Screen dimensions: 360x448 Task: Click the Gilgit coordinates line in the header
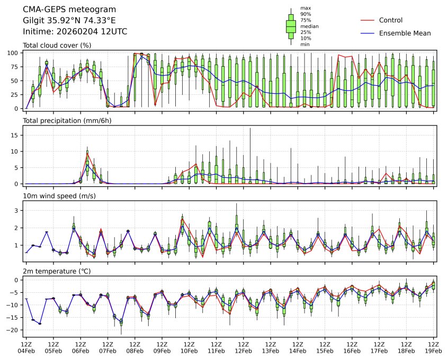tap(69, 21)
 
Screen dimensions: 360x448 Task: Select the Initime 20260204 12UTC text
tap(75, 31)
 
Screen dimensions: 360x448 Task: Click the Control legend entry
tap(391, 20)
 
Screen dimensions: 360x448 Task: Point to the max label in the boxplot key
tap(306, 8)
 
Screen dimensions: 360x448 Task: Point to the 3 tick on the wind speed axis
tap(17, 211)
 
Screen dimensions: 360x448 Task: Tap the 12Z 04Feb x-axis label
tap(26, 347)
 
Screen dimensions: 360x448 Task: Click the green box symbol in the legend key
tap(291, 25)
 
